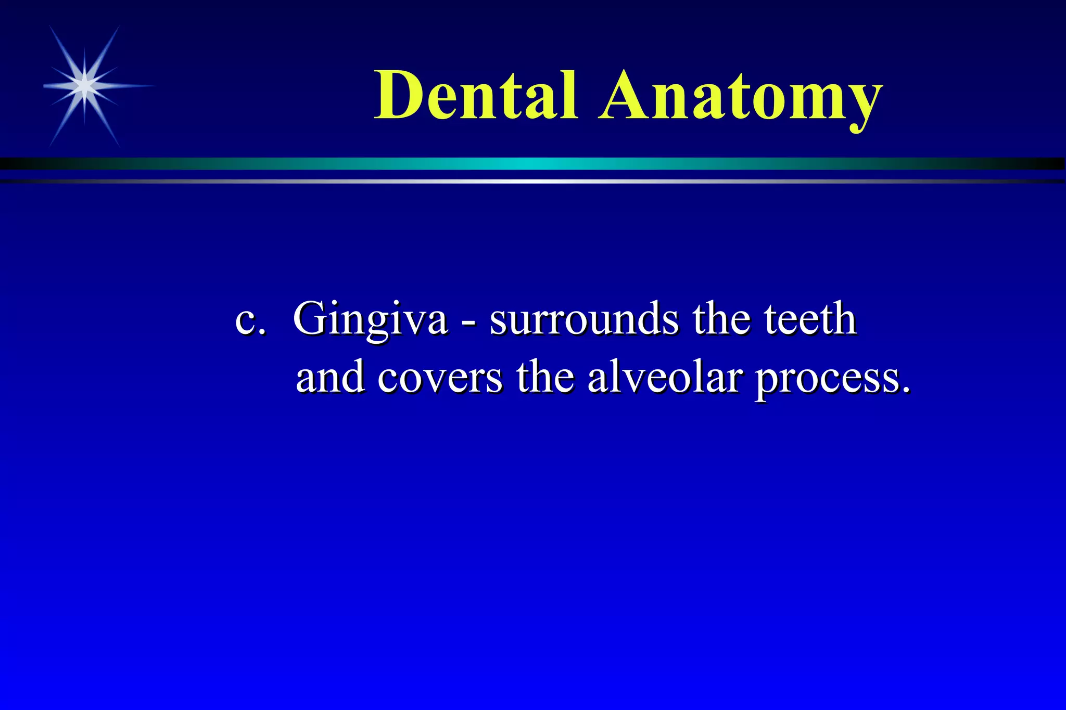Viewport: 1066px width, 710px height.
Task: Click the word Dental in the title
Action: [476, 96]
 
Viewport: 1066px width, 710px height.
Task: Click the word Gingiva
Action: [370, 320]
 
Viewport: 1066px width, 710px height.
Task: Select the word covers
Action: [440, 377]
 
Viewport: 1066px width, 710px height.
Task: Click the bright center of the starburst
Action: [85, 85]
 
